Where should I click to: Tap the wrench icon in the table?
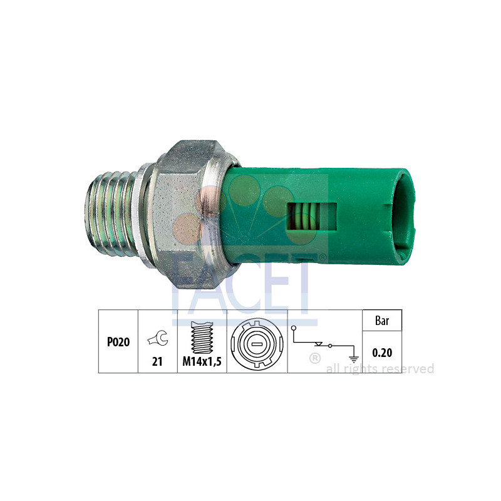point(158,339)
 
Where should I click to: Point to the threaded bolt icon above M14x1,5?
point(202,338)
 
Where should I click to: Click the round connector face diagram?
point(257,342)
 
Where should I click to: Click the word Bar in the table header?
point(382,321)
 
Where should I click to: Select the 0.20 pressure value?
point(382,353)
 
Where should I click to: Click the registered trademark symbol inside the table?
point(316,359)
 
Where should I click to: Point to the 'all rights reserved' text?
point(380,369)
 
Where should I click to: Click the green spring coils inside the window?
point(303,217)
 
